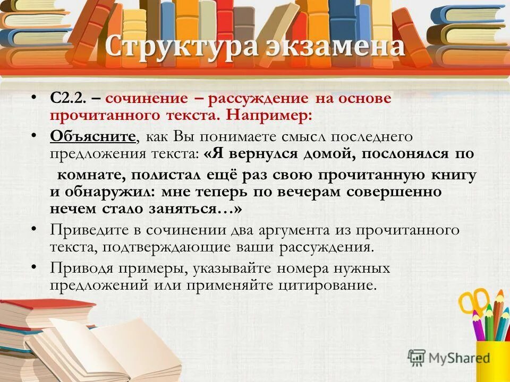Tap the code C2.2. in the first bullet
tap(67, 99)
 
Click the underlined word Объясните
tap(93, 136)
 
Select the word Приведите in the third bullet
tap(90, 230)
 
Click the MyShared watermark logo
tap(449, 358)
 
